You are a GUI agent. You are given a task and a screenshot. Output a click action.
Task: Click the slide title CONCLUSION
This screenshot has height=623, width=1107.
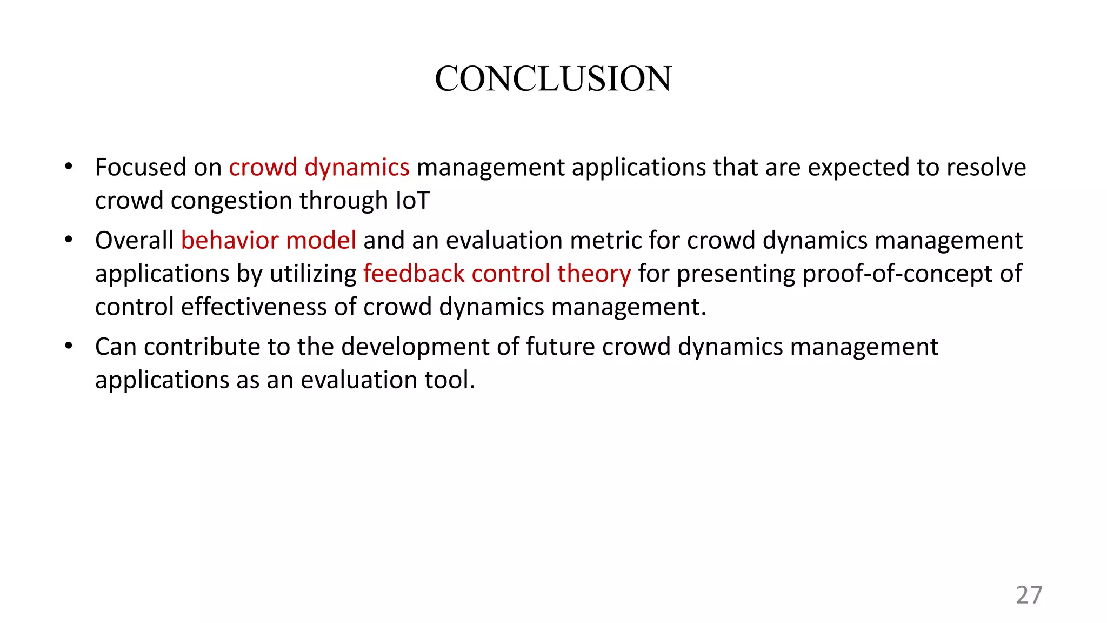(x=553, y=79)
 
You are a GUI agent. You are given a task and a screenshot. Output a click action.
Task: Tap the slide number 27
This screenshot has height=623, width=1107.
(x=1029, y=595)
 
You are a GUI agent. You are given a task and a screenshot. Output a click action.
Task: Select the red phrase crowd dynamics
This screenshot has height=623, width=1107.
(x=319, y=168)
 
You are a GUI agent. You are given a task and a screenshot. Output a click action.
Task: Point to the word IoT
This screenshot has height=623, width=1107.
(x=413, y=201)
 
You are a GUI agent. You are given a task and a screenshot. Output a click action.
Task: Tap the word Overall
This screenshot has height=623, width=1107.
(x=134, y=241)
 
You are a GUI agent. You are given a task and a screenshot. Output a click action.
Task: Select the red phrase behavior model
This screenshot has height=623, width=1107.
(x=269, y=241)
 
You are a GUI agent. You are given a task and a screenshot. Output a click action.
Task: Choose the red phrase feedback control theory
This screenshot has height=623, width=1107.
(x=497, y=274)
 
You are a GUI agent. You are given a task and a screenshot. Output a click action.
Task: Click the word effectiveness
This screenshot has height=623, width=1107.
(x=254, y=307)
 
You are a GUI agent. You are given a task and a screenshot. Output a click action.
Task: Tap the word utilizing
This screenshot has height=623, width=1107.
(x=313, y=274)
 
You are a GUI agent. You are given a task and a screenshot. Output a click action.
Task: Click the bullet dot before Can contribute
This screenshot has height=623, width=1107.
(x=68, y=346)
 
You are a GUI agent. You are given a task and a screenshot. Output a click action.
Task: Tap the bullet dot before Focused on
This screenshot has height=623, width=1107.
(x=68, y=167)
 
